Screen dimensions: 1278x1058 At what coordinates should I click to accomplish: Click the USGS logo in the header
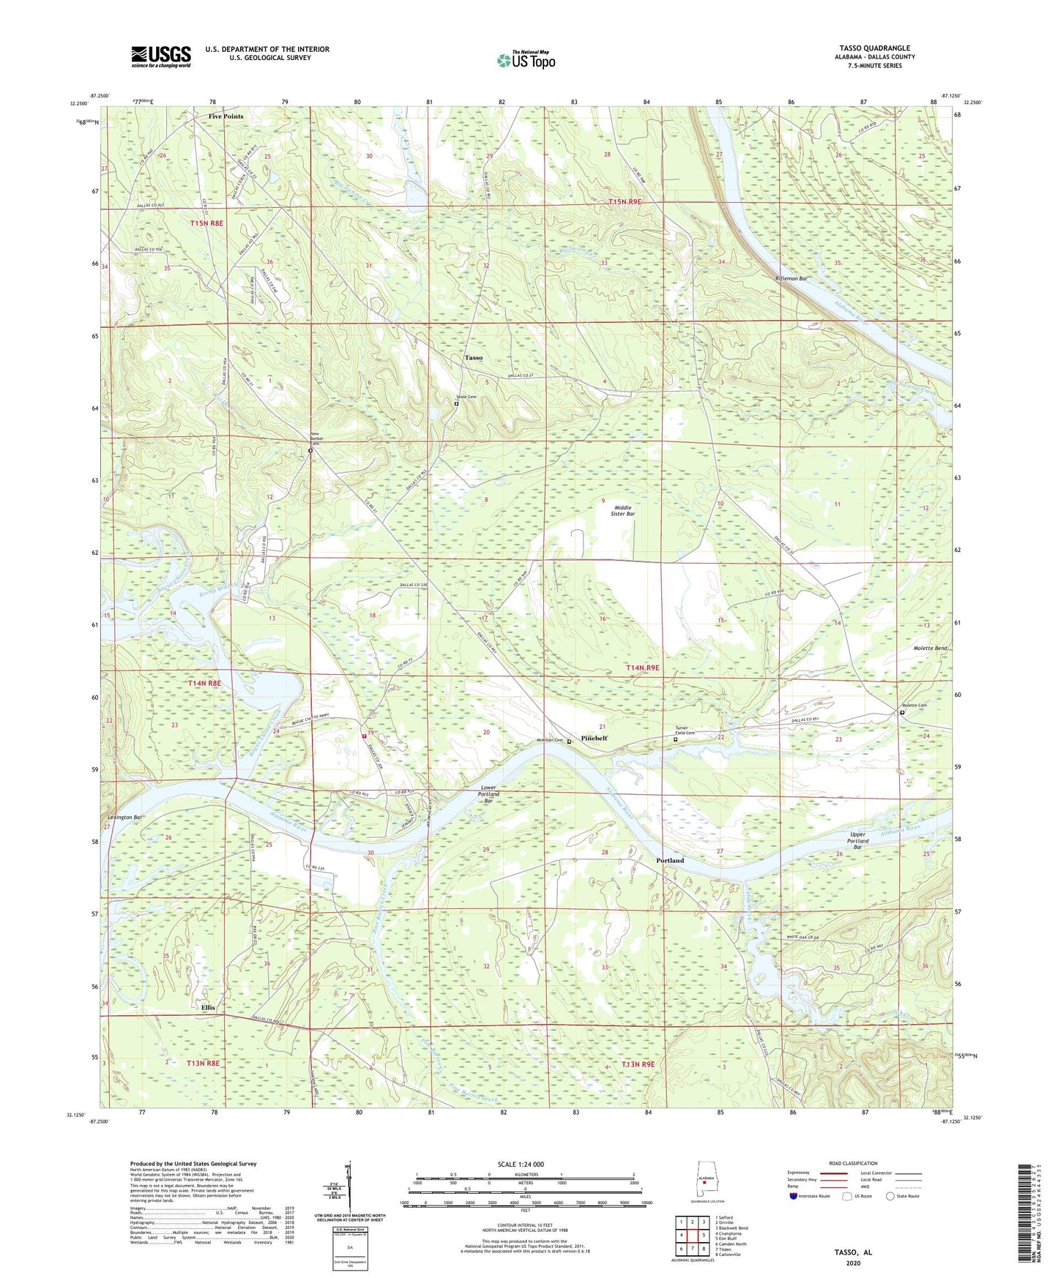[161, 56]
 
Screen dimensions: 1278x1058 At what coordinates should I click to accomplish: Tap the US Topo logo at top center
[526, 60]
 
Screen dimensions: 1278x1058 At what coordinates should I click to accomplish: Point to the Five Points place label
[226, 116]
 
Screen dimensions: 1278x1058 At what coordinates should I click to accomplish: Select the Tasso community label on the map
[474, 358]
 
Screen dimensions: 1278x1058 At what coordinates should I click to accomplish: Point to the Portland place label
[669, 860]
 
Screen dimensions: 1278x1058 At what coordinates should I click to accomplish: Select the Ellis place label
[208, 1007]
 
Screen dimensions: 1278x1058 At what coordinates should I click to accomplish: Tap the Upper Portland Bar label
[857, 840]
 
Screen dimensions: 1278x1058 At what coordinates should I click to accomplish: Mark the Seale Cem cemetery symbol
[456, 403]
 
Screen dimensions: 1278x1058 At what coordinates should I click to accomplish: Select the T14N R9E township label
[642, 668]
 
